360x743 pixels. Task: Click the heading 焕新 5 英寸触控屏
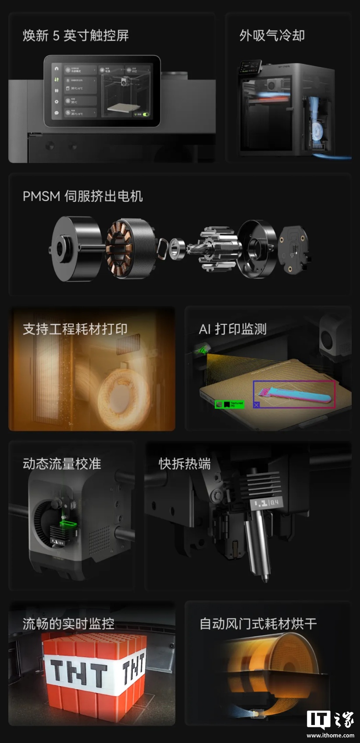pos(75,36)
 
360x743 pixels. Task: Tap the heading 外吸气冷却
pos(272,36)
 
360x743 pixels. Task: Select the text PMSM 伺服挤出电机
pos(82,196)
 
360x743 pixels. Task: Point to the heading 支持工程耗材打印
pos(75,329)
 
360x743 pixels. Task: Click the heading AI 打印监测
pos(232,329)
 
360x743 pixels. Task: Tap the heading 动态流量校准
pos(62,463)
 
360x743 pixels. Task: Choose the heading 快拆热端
pos(185,463)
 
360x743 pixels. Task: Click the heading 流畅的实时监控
pos(68,623)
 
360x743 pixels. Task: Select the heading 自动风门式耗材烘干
pos(258,623)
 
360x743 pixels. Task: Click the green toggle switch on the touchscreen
pos(145,114)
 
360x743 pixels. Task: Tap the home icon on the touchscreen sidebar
pos(57,69)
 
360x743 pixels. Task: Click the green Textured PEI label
pos(229,404)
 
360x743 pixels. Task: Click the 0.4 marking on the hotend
pos(274,502)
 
